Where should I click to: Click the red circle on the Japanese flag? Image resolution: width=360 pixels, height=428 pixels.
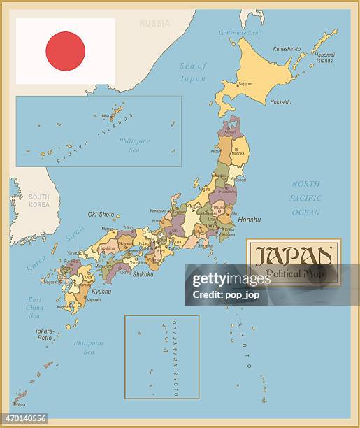coord(65,51)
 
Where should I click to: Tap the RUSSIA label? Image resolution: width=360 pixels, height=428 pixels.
coord(154,23)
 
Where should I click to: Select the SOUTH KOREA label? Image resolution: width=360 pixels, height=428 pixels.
coord(39,201)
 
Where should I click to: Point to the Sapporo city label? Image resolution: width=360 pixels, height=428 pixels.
coord(245,83)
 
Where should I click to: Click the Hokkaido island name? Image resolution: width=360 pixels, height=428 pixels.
coord(280,102)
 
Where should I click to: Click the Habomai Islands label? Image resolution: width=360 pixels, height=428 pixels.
coord(324,58)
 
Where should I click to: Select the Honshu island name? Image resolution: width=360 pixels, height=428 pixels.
coord(250,220)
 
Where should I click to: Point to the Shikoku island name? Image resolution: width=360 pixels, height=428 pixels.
coord(143,274)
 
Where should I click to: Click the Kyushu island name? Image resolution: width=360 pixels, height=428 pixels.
coord(101,291)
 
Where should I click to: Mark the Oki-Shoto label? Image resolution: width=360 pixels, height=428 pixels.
coord(101,215)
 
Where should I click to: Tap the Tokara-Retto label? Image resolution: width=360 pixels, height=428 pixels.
coord(45,334)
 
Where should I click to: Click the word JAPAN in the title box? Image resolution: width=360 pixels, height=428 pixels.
coord(293,255)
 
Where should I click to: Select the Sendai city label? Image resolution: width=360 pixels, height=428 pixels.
coord(240,180)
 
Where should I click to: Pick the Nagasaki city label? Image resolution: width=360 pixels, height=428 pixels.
coord(52,282)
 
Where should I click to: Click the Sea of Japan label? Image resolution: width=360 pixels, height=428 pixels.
coord(193,72)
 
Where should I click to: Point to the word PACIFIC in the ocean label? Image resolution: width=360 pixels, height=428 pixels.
coord(305,198)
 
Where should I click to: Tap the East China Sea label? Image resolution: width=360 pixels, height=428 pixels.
coord(34,308)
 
